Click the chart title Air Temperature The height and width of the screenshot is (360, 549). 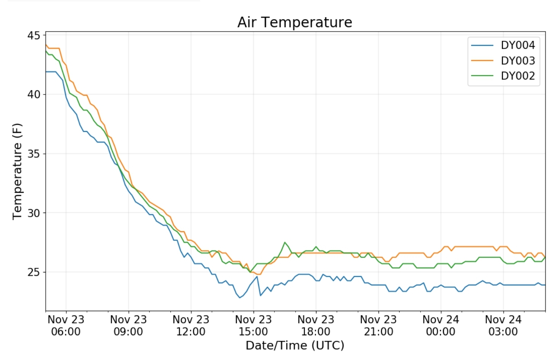(294, 22)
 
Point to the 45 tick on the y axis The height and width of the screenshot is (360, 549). (34, 35)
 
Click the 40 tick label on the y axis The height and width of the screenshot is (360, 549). (34, 94)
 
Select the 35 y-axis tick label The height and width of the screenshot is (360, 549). (34, 154)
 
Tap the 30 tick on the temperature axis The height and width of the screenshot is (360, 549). (34, 213)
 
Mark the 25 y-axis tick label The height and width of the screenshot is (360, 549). (34, 272)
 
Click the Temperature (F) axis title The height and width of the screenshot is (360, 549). (18, 171)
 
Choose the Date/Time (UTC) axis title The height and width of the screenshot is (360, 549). (295, 346)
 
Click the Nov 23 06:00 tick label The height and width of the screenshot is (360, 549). (66, 325)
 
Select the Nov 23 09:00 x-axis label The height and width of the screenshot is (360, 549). (128, 325)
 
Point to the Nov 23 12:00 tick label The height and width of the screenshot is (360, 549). (191, 325)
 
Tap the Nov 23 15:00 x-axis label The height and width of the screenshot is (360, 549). (253, 325)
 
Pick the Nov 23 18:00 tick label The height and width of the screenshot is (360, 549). (316, 325)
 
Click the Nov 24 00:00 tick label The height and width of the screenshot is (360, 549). (441, 325)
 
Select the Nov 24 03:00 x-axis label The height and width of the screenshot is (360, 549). (503, 325)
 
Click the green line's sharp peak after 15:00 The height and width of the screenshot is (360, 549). (285, 242)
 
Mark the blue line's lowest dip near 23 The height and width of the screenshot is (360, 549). (240, 297)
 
